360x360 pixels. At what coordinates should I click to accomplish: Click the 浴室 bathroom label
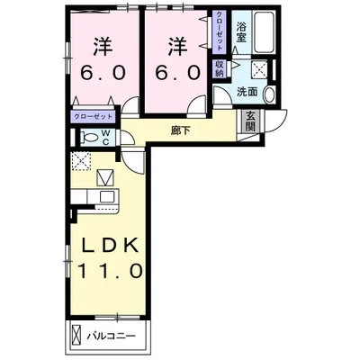(x=240, y=32)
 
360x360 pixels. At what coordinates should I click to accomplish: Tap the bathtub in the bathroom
(x=265, y=32)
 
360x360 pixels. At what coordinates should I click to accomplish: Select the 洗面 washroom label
(x=247, y=92)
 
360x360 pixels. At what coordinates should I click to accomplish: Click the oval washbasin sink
(x=270, y=94)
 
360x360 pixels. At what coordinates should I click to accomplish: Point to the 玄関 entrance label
(x=250, y=121)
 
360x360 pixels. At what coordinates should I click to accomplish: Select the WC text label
(x=106, y=138)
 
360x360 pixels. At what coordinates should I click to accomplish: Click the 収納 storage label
(x=220, y=68)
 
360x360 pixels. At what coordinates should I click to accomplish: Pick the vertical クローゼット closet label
(x=220, y=31)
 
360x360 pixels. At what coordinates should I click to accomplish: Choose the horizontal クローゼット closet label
(x=94, y=116)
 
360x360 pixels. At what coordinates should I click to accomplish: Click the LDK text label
(x=110, y=246)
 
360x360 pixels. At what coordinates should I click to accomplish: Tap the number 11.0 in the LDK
(x=110, y=271)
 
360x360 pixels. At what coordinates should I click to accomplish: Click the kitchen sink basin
(x=106, y=197)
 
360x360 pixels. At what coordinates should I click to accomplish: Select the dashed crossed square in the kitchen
(x=80, y=161)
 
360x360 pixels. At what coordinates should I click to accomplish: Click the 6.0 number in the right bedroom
(x=177, y=73)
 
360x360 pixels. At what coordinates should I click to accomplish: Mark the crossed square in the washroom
(x=259, y=69)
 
